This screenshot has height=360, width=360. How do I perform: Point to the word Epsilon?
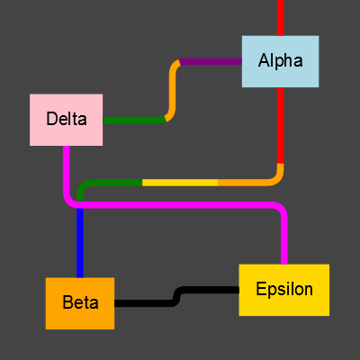pos(283,290)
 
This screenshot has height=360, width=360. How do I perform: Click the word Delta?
pos(66,119)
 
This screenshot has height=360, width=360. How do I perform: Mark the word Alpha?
pos(280,61)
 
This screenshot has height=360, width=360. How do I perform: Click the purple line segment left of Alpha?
pos(211,62)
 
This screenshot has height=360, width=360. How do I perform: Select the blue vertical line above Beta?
pos(80,243)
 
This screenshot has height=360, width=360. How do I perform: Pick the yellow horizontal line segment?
pos(180,183)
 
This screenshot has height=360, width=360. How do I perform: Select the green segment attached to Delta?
pos(133,120)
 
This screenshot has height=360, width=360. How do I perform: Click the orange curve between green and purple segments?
pos(171,90)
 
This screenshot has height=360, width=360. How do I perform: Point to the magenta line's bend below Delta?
pos(69,200)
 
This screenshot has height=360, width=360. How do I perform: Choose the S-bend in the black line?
pos(178,296)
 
